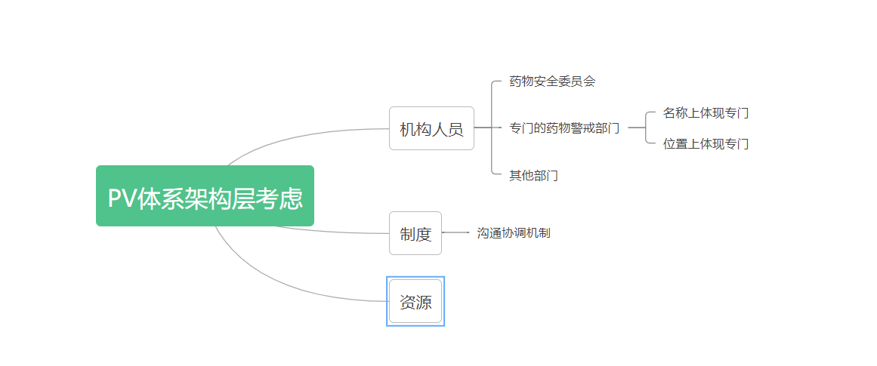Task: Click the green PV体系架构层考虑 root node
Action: coord(205,195)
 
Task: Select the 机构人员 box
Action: coord(432,128)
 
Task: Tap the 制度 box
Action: coord(415,233)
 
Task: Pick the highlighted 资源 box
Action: coord(415,301)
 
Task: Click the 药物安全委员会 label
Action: coord(552,82)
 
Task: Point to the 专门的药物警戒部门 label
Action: coord(564,128)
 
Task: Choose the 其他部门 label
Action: coord(533,176)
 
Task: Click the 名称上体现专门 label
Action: coord(706,113)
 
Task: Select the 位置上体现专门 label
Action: coord(706,144)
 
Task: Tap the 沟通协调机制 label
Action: coord(514,233)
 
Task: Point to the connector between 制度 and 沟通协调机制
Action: coord(455,232)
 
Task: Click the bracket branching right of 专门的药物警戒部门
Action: coord(646,128)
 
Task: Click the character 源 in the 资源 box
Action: coord(424,303)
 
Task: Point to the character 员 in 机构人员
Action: coord(455,129)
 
